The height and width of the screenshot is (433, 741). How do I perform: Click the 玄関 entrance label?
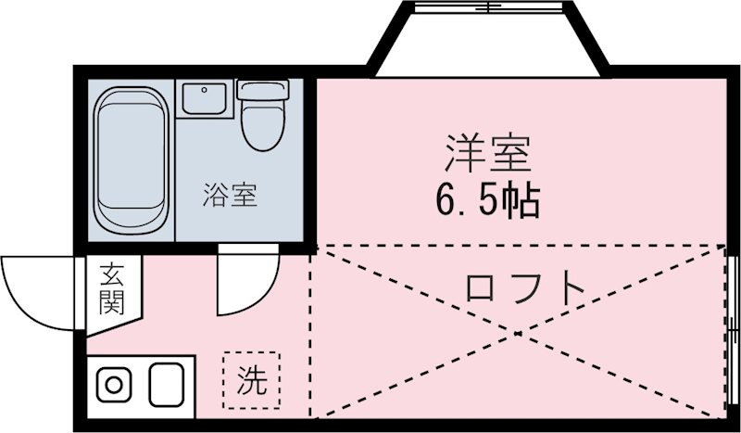click(x=112, y=288)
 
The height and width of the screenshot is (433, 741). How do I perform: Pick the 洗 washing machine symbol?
click(x=250, y=380)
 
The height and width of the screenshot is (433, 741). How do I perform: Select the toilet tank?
click(x=261, y=90)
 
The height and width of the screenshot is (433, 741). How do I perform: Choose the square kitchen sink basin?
click(x=165, y=383)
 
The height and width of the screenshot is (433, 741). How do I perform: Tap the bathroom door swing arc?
click(x=246, y=283)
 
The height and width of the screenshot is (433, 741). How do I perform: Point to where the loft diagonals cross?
click(x=519, y=329)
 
